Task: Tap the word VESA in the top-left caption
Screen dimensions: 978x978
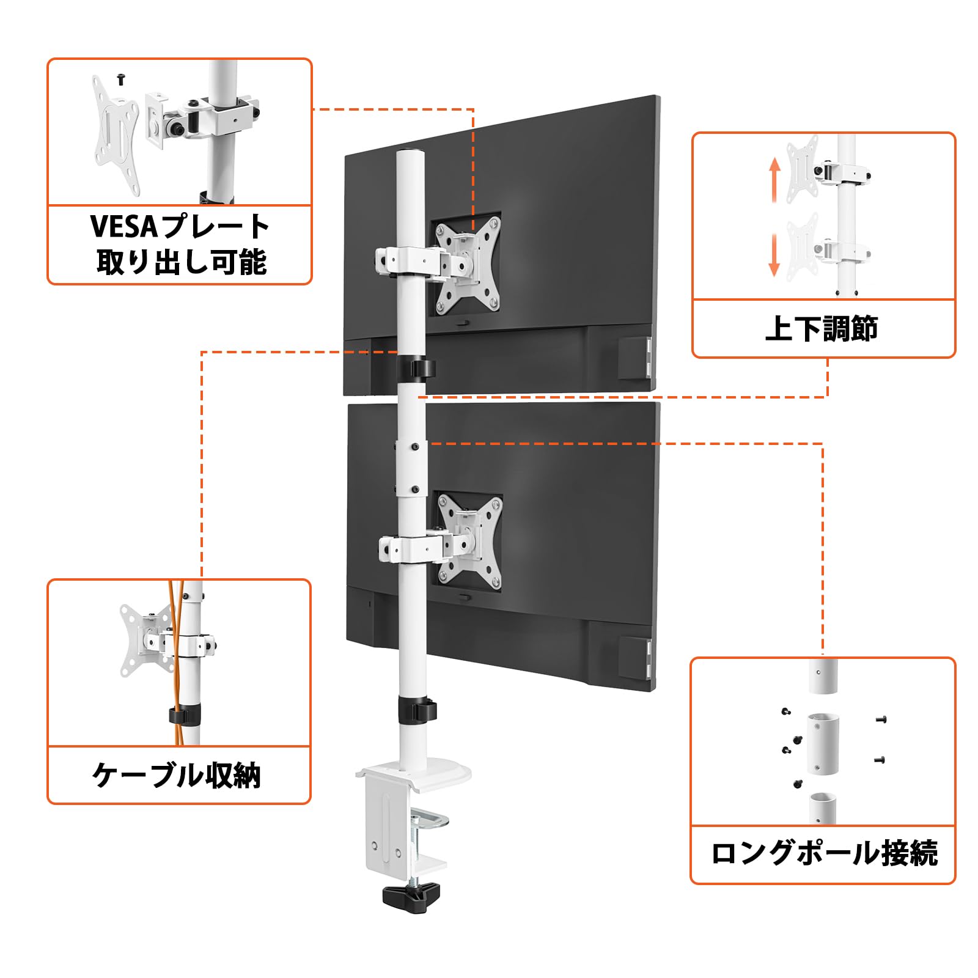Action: (x=125, y=226)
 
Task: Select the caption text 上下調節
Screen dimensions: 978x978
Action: (x=822, y=329)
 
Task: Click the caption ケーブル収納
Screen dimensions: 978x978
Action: (x=177, y=776)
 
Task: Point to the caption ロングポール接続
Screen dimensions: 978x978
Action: (x=824, y=853)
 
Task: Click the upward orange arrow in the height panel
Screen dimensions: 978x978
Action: (x=774, y=180)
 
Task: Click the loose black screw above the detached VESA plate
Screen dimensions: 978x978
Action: (x=121, y=78)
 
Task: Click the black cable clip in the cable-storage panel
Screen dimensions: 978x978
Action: (x=185, y=716)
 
